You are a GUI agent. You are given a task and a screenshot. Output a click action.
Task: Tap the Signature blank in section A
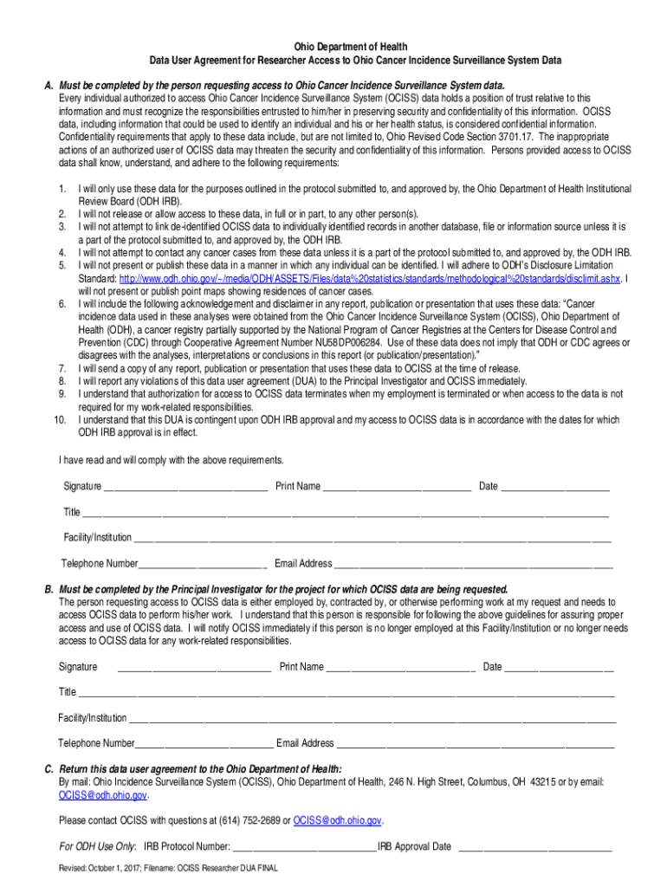point(185,487)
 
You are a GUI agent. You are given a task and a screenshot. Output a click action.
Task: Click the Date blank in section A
point(555,487)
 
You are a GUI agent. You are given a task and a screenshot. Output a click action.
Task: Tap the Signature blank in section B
point(194,668)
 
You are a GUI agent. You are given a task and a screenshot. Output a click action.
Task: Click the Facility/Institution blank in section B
point(372,719)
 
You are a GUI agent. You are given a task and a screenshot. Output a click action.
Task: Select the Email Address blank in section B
point(476,744)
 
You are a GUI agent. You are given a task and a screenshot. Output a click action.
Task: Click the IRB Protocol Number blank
point(303,847)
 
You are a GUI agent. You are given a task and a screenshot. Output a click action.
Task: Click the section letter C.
point(49,768)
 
